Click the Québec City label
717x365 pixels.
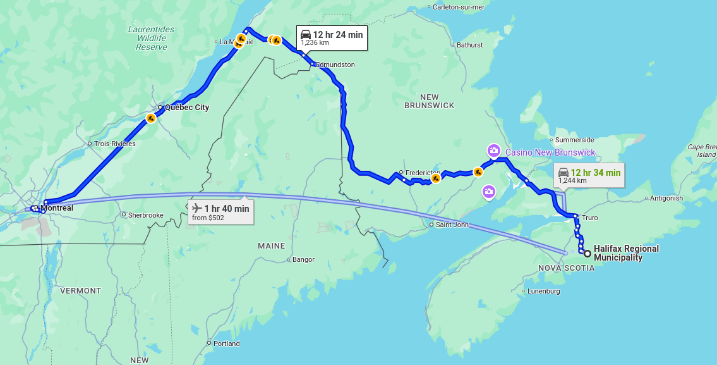pos(186,108)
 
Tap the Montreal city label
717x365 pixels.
pos(57,208)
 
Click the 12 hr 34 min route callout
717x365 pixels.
pos(589,175)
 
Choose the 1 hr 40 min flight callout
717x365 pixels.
pos(220,212)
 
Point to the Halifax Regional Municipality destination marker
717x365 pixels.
pos(587,254)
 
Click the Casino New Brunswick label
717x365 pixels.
pos(550,152)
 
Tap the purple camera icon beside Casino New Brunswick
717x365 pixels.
pos(493,151)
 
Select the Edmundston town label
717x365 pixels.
pos(335,65)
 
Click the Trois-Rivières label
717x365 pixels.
pos(115,144)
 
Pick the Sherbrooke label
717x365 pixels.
pos(146,215)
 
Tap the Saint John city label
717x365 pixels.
pos(452,225)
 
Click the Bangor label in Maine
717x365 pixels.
pos(303,259)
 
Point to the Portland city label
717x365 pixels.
pos(226,343)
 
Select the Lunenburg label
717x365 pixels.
pos(544,291)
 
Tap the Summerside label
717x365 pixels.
pos(574,140)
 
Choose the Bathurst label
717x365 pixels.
pos(469,45)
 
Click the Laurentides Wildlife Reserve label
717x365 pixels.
pos(151,38)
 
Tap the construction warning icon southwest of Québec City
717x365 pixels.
pos(150,118)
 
